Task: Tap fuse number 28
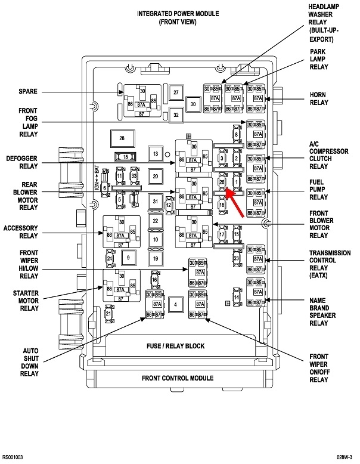click(x=122, y=138)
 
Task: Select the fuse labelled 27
click(x=176, y=93)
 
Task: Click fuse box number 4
click(x=175, y=305)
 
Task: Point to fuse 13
click(x=156, y=154)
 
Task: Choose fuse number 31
click(x=156, y=202)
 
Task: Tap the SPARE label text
click(x=27, y=92)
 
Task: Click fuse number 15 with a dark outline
click(x=125, y=156)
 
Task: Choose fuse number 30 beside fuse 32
click(x=193, y=104)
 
